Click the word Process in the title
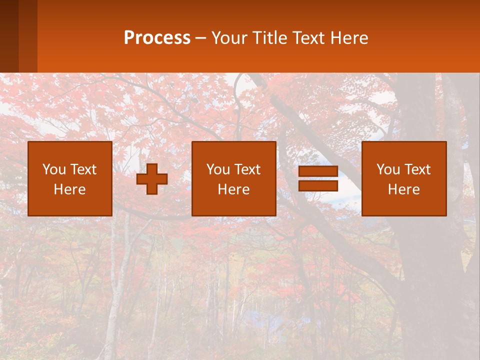pyautogui.click(x=157, y=38)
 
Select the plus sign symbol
pyautogui.click(x=152, y=179)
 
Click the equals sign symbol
pyautogui.click(x=318, y=178)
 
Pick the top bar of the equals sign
pyautogui.click(x=318, y=171)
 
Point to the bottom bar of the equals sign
pyautogui.click(x=318, y=185)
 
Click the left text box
pyautogui.click(x=70, y=178)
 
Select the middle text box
pyautogui.click(x=234, y=178)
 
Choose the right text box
pyautogui.click(x=404, y=178)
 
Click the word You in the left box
pyautogui.click(x=54, y=169)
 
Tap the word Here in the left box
pyautogui.click(x=70, y=189)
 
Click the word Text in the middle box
pyautogui.click(x=247, y=169)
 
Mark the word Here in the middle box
pyautogui.click(x=234, y=189)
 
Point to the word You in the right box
pyautogui.click(x=388, y=169)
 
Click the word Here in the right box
pyautogui.click(x=404, y=189)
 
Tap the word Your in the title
pyautogui.click(x=229, y=38)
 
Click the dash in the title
pyautogui.click(x=200, y=38)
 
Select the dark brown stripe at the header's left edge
pyautogui.click(x=9, y=36)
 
